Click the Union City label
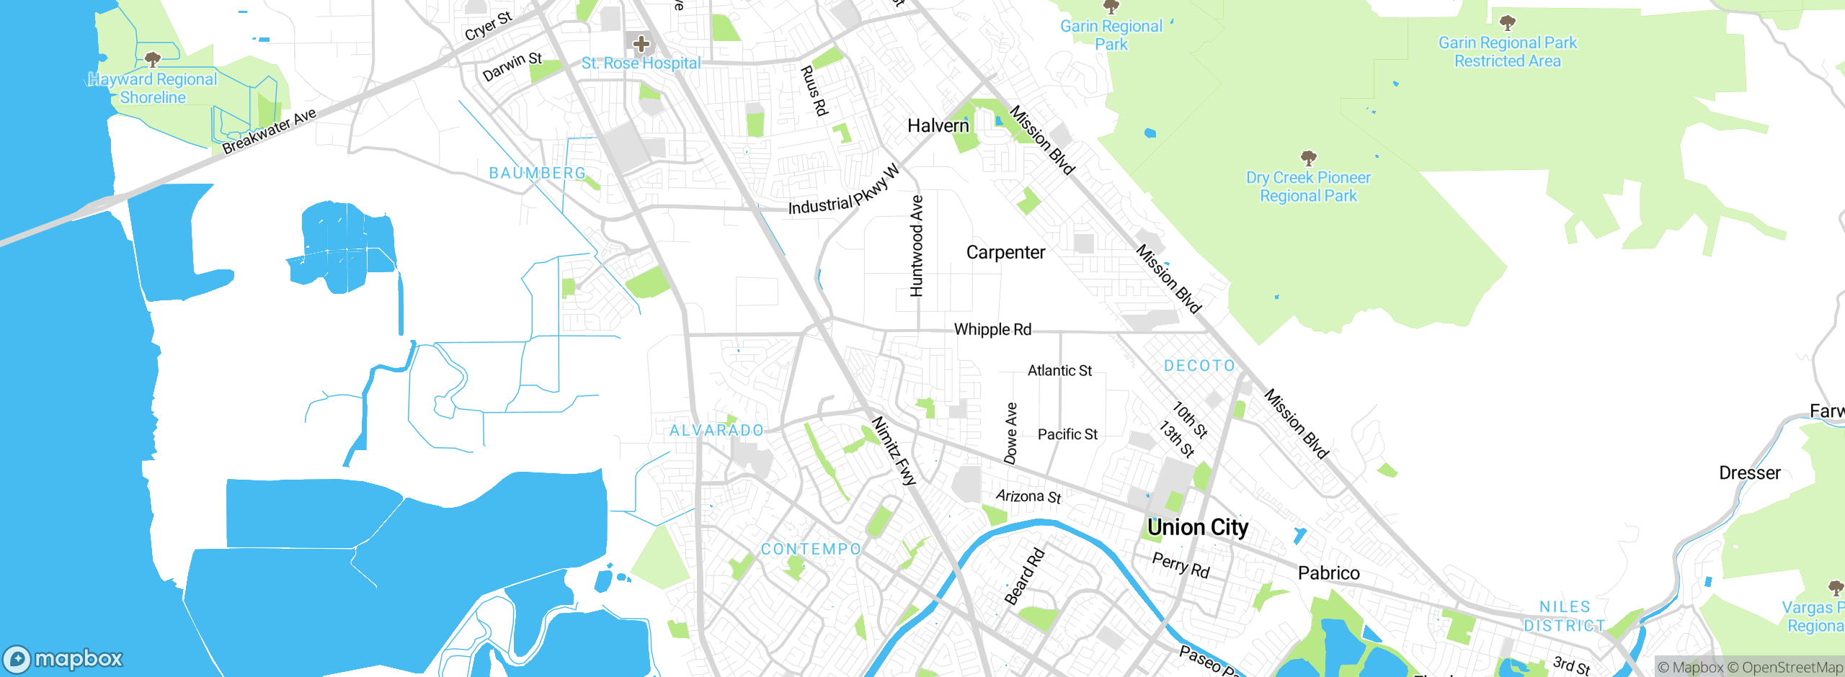pyautogui.click(x=1198, y=528)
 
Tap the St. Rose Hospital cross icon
pyautogui.click(x=641, y=44)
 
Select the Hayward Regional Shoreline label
pyautogui.click(x=153, y=89)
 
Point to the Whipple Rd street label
pyautogui.click(x=992, y=330)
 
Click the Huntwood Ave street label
pyautogui.click(x=916, y=246)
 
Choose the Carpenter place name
pyautogui.click(x=1005, y=253)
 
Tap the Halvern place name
pyautogui.click(x=938, y=126)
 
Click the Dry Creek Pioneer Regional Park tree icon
pyautogui.click(x=1308, y=158)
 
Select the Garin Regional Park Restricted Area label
pyautogui.click(x=1508, y=52)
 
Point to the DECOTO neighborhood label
pyautogui.click(x=1199, y=366)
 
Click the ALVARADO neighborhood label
pyautogui.click(x=716, y=431)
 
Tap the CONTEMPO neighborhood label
pyautogui.click(x=811, y=550)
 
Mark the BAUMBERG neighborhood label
pyautogui.click(x=538, y=174)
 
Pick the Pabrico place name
pyautogui.click(x=1328, y=573)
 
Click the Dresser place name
pyautogui.click(x=1749, y=473)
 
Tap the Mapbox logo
pyautogui.click(x=63, y=658)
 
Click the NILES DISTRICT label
pyautogui.click(x=1565, y=617)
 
